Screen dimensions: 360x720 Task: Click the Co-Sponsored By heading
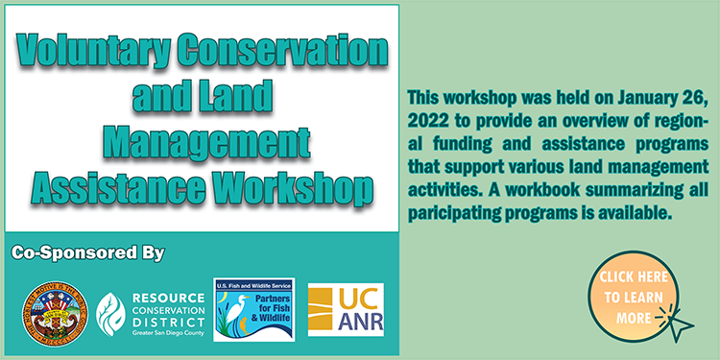(87, 253)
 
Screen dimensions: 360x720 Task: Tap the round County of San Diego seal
(53, 312)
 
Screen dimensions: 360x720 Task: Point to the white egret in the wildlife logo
(233, 312)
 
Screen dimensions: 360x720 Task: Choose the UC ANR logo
(346, 309)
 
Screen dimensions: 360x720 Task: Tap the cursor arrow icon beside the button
(680, 324)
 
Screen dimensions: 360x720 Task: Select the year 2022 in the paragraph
(426, 121)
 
